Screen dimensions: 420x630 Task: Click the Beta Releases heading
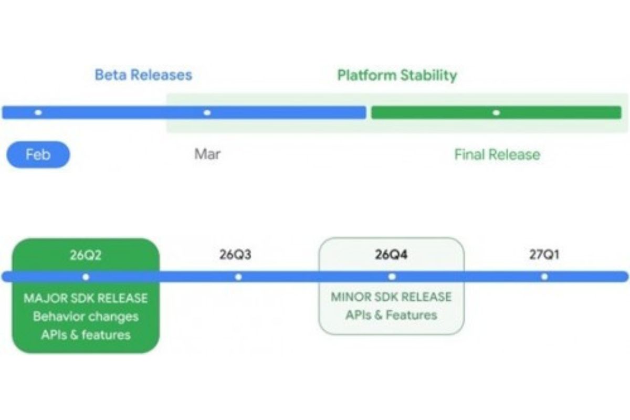click(x=143, y=75)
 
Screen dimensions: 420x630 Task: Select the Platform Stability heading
click(x=397, y=75)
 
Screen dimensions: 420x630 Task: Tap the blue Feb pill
click(x=38, y=155)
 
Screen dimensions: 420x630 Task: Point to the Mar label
click(x=207, y=154)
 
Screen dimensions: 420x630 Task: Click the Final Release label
click(x=497, y=154)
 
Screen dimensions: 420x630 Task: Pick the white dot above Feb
click(x=38, y=112)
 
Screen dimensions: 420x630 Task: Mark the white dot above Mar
click(x=207, y=112)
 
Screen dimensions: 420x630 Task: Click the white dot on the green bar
click(x=496, y=112)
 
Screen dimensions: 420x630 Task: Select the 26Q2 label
click(x=86, y=256)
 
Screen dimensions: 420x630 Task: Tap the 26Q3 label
click(x=235, y=256)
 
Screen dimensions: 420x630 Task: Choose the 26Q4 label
click(x=391, y=256)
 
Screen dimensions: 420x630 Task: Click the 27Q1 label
click(x=544, y=256)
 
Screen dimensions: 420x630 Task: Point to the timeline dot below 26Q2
click(x=86, y=277)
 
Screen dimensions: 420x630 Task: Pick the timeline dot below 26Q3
click(x=238, y=277)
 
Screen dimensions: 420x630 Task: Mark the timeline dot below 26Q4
click(x=391, y=277)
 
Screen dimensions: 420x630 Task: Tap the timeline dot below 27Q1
click(x=544, y=277)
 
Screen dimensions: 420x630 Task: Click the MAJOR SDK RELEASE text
click(x=86, y=298)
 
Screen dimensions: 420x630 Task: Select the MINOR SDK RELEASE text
click(x=391, y=297)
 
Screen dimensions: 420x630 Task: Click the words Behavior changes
click(x=86, y=317)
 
